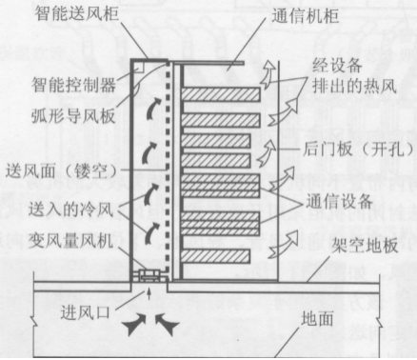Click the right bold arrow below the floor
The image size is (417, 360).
pyautogui.click(x=169, y=322)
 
